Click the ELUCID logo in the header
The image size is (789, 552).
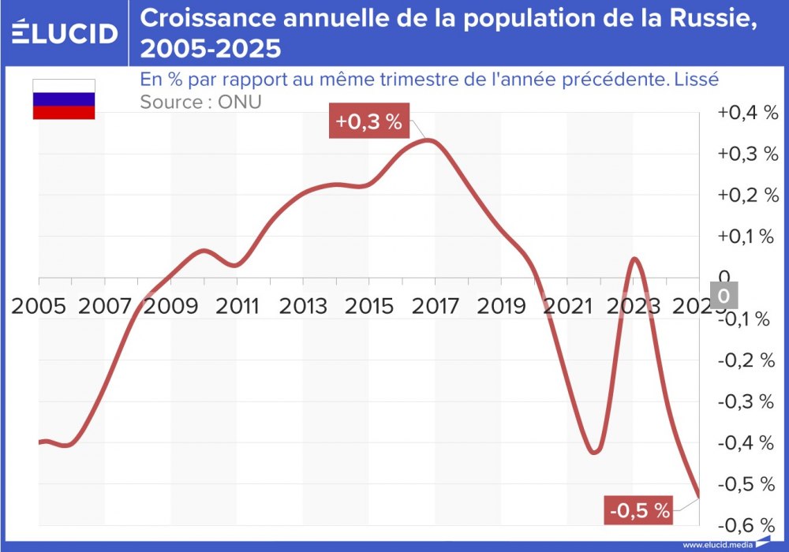click(x=65, y=32)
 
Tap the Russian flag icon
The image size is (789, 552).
click(x=63, y=99)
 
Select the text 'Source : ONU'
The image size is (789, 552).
click(x=200, y=102)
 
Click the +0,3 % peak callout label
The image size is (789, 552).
click(x=369, y=122)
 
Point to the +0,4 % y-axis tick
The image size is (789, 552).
click(x=747, y=113)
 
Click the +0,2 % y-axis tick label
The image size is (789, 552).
click(x=747, y=196)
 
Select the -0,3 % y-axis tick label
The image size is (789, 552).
click(x=747, y=401)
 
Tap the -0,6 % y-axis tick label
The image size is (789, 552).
click(x=747, y=524)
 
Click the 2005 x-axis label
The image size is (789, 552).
click(x=39, y=305)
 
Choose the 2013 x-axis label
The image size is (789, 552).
click(x=304, y=305)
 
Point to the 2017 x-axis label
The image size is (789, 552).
click(x=436, y=305)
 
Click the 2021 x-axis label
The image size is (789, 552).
click(x=568, y=305)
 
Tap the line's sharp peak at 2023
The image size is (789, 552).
click(x=635, y=259)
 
